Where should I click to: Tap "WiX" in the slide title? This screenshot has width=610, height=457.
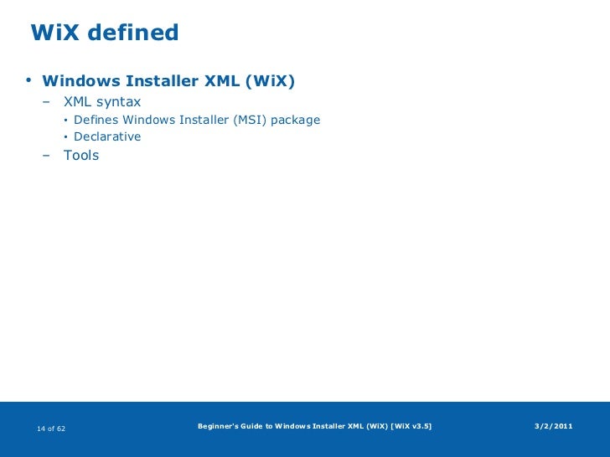click(54, 33)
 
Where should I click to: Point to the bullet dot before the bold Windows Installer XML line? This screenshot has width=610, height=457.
click(28, 81)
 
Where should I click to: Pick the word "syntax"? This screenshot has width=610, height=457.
click(119, 102)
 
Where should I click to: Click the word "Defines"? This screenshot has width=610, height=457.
click(96, 120)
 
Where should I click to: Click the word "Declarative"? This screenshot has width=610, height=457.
click(107, 136)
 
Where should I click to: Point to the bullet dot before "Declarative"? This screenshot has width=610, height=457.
click(66, 136)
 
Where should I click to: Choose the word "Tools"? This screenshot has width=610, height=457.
click(81, 155)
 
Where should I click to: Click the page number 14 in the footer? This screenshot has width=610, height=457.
click(40, 429)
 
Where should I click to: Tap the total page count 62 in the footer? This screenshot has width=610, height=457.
click(61, 429)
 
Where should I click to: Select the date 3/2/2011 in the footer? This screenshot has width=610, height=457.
click(553, 427)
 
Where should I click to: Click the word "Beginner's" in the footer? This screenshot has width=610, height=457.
click(217, 427)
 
